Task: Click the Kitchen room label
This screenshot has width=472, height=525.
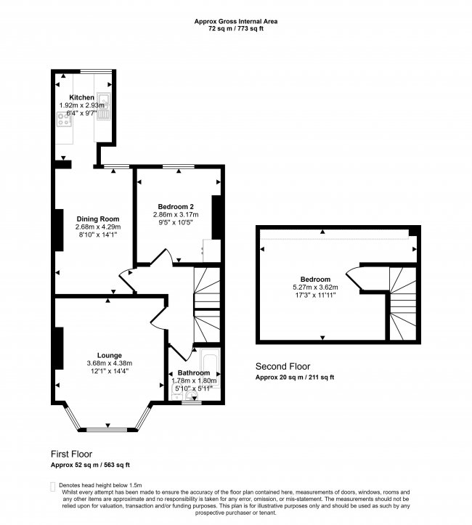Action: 81,97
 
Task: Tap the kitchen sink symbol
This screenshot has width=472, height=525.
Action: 103,107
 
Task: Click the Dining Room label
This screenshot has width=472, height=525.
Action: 98,219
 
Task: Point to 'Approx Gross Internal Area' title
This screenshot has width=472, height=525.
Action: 235,22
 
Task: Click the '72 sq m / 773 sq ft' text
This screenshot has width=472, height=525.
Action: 235,29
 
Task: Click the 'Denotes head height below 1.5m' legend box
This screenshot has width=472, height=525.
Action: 51,484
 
